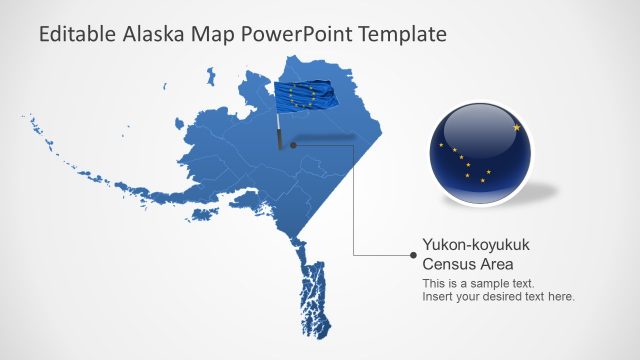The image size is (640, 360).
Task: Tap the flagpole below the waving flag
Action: coord(279,130)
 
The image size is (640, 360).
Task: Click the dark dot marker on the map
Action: coord(293,145)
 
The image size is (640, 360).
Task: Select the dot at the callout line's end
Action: coord(413,255)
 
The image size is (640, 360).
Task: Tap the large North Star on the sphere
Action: coord(517,128)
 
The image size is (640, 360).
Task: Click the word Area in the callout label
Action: coord(498,265)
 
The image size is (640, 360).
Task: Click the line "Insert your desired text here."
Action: coord(498,297)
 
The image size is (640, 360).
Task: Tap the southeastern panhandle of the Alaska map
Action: coord(312,295)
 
